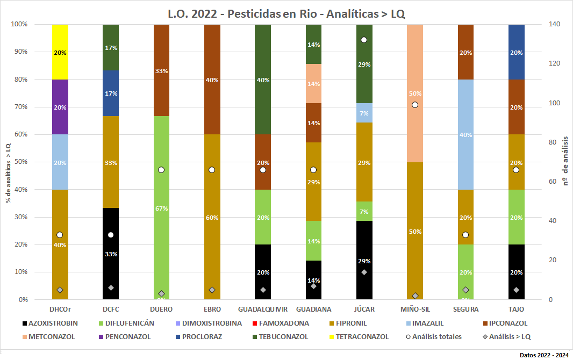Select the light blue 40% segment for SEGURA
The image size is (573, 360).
(465, 134)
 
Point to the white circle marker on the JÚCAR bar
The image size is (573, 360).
(364, 40)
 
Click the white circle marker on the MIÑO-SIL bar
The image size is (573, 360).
(414, 105)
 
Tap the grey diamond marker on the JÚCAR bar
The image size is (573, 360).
(364, 272)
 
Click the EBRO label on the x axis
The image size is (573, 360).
(212, 309)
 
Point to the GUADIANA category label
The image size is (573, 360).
(313, 309)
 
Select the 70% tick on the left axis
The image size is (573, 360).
(21, 107)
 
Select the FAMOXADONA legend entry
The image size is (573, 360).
(283, 323)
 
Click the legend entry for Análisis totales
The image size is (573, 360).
(435, 337)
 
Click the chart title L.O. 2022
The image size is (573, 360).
(286, 14)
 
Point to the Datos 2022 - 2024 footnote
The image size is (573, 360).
(544, 355)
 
